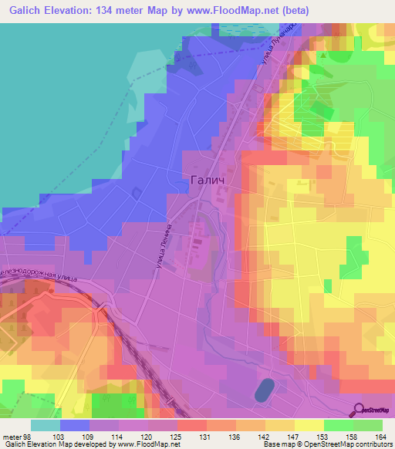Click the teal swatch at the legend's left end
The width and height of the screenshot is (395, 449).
45,424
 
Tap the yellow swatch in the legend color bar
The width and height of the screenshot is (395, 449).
309,424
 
